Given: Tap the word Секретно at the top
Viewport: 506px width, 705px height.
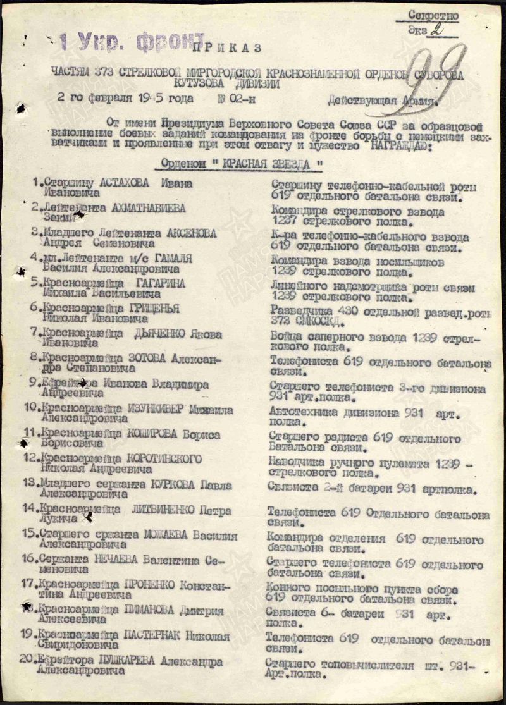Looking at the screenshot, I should [433, 15].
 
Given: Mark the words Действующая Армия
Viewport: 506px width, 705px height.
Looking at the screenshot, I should [381, 99].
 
